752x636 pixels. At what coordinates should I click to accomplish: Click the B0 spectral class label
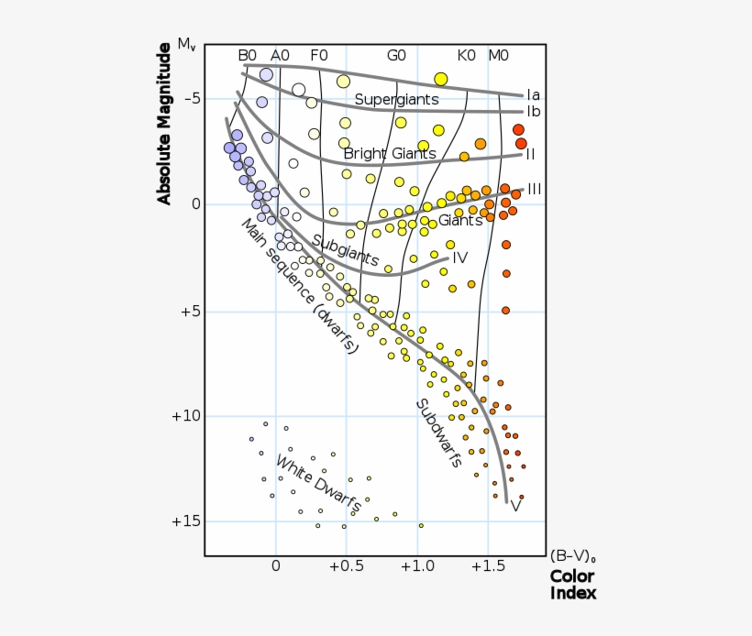(248, 55)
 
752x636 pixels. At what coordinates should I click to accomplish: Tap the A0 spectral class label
(280, 55)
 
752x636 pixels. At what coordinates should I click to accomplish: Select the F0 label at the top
(318, 55)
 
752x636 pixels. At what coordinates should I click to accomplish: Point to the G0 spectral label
(396, 55)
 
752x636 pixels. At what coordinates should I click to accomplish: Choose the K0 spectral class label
(466, 55)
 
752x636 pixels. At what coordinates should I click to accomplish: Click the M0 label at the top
(498, 55)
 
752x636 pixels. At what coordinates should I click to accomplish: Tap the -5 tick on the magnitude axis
(189, 99)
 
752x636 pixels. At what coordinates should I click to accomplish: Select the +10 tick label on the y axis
(185, 416)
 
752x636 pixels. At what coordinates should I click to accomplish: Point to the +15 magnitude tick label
(185, 521)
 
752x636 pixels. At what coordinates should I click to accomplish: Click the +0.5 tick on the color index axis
(346, 567)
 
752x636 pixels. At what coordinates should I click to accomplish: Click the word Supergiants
(396, 99)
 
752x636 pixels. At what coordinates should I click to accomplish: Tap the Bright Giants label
(389, 153)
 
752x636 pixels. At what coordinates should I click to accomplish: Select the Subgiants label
(345, 250)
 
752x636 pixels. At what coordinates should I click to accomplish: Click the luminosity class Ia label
(533, 94)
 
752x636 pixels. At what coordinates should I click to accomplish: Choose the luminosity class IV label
(460, 258)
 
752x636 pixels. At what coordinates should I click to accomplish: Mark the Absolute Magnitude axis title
(164, 128)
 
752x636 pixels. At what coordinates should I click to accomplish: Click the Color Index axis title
(572, 585)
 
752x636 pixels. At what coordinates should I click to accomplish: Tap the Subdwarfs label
(438, 433)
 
